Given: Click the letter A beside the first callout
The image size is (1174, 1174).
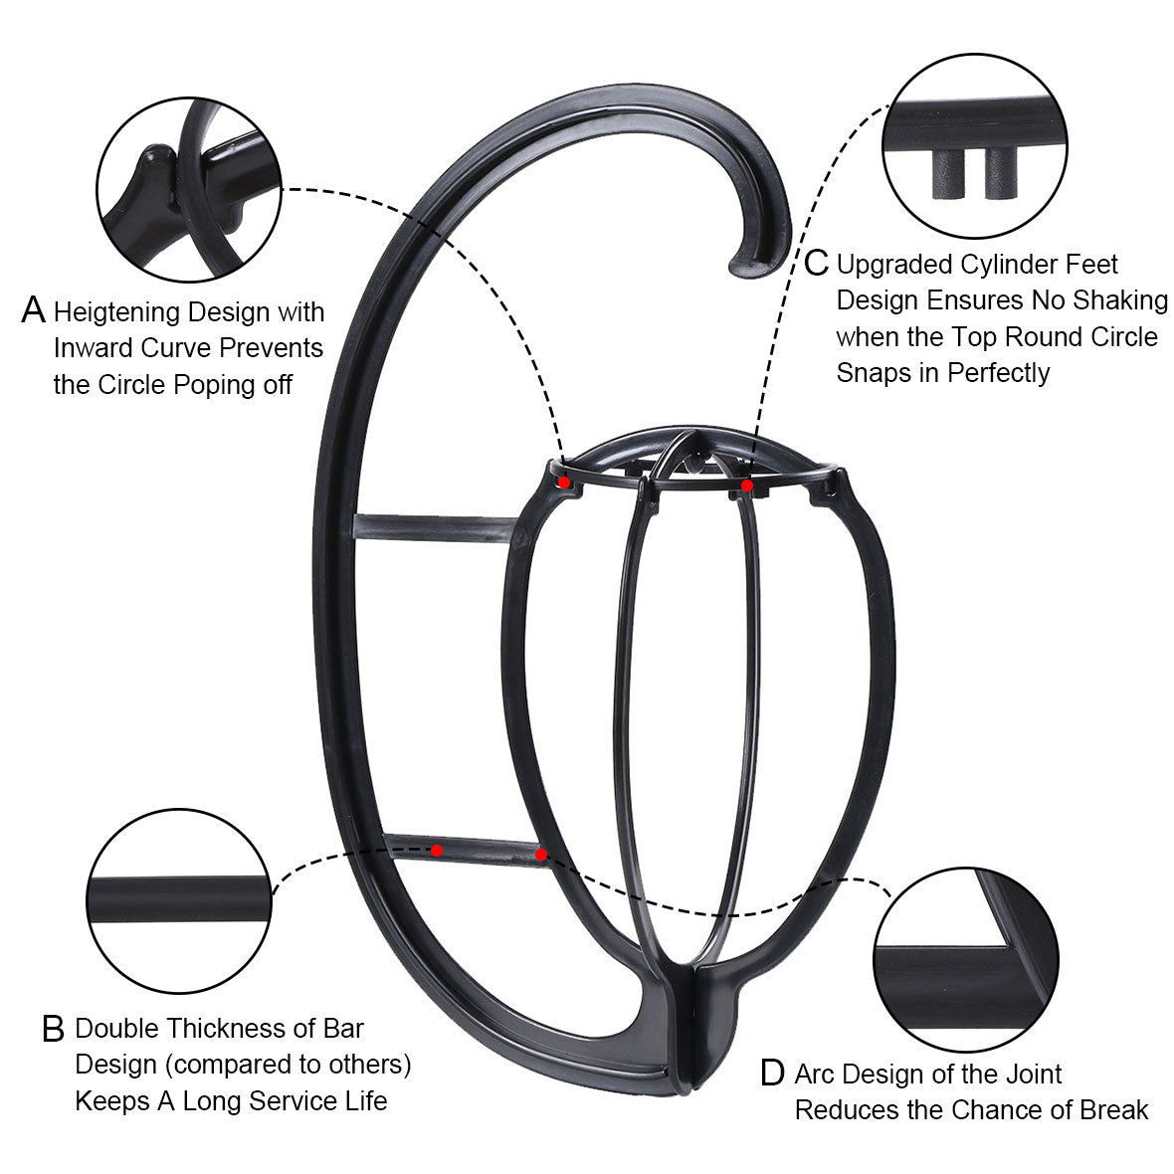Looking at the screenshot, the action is pos(33,310).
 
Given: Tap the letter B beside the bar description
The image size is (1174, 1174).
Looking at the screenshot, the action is pos(53,1029).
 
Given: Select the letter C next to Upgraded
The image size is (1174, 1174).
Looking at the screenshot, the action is pos(816,263).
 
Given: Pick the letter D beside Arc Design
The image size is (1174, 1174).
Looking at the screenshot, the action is pos(772,1073).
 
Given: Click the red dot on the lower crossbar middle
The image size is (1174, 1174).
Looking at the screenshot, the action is pos(437,851).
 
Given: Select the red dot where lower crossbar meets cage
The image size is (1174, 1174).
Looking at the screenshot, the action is pos(541,855).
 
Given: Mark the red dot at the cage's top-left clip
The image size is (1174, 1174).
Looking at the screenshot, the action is pos(564,483).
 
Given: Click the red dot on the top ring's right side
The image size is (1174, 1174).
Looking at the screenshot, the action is pos(746,486).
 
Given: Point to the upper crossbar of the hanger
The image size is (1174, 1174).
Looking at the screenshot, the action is pos(434,527).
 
